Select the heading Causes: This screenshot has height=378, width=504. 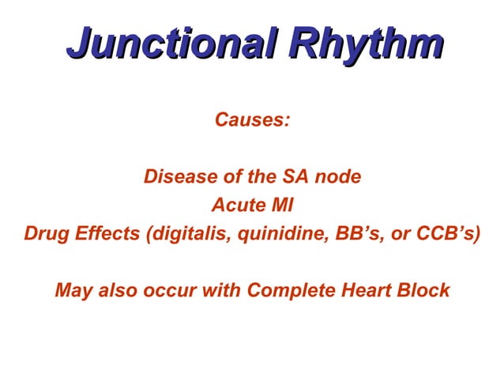[x=252, y=120]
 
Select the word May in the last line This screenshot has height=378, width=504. [x=73, y=290]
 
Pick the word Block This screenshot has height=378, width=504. [x=426, y=290]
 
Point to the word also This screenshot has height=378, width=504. [x=118, y=290]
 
